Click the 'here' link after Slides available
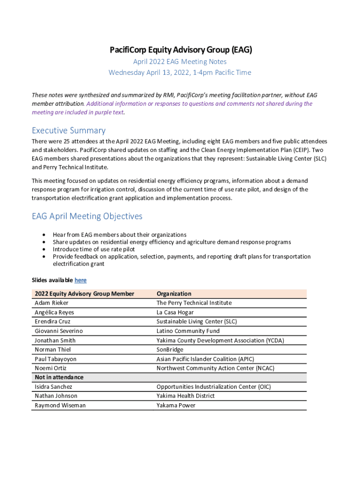tap(80, 280)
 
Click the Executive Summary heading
tap(68, 131)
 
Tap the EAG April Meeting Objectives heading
tap(87, 216)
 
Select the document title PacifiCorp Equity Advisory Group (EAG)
tap(180, 50)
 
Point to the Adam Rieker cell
tap(51, 303)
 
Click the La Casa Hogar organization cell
tap(175, 312)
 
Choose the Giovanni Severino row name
tap(58, 331)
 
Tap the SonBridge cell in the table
tap(170, 349)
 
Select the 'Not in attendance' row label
tap(59, 377)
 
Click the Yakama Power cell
tap(176, 406)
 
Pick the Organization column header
tap(174, 294)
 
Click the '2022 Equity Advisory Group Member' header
tap(84, 294)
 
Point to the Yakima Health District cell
tap(186, 396)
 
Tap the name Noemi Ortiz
tap(50, 368)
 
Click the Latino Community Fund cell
tap(188, 331)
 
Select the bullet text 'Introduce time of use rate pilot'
tap(94, 249)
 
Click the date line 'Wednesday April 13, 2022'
tap(180, 73)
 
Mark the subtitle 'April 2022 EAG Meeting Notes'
tap(180, 62)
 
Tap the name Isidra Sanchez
tap(53, 387)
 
